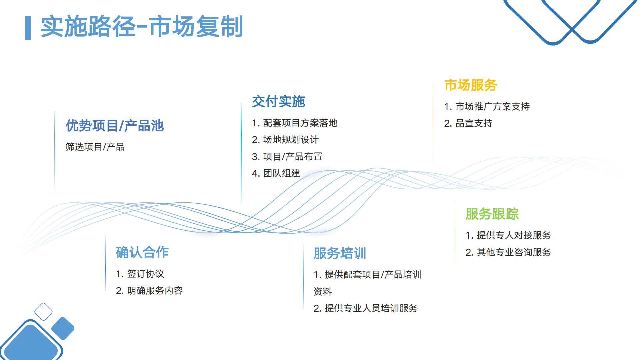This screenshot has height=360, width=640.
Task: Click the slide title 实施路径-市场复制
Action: click(141, 27)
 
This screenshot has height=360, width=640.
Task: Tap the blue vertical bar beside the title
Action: click(28, 28)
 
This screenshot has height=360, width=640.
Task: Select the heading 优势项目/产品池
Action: click(114, 126)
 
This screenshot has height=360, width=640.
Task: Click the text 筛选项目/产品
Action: click(95, 147)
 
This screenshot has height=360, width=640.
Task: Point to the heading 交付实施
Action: click(278, 101)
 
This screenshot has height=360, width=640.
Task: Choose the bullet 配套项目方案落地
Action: click(295, 123)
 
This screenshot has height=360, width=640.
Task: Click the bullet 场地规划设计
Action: click(285, 140)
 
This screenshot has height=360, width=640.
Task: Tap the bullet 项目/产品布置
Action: click(287, 156)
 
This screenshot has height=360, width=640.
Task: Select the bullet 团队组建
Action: click(276, 173)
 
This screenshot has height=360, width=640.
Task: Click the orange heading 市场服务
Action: click(471, 85)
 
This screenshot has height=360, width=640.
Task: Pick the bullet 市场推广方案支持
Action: click(487, 107)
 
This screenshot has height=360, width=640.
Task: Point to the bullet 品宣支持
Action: click(468, 123)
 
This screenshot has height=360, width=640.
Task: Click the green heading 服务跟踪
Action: click(492, 214)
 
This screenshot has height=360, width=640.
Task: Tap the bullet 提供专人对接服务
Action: click(508, 235)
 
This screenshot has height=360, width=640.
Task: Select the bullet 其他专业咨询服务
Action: click(508, 252)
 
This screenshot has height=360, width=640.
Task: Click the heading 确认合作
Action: click(142, 252)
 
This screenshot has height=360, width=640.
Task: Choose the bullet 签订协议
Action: click(140, 274)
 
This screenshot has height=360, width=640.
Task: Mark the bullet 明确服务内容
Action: click(149, 291)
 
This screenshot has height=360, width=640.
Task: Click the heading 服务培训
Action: click(340, 253)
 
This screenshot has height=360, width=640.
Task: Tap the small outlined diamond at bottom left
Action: click(43, 312)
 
